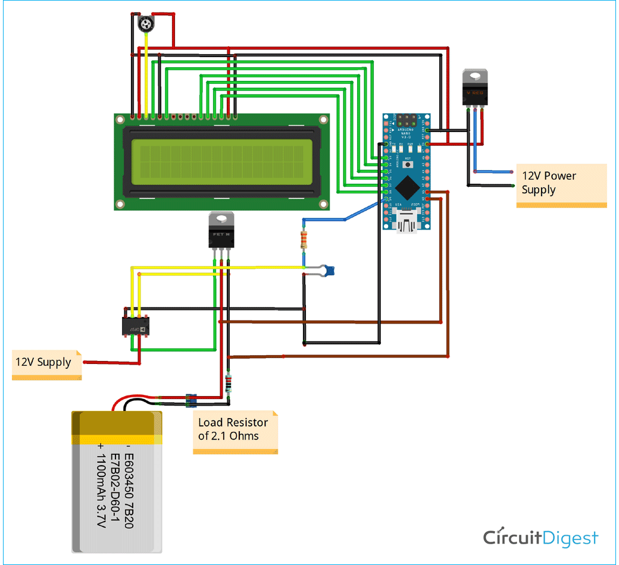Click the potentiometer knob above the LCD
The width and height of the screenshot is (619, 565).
(145, 24)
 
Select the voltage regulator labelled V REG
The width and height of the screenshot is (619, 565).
(476, 87)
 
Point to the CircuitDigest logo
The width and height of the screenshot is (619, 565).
(540, 538)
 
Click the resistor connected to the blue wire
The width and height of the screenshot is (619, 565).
(304, 240)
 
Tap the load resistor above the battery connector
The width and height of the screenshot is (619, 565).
(229, 384)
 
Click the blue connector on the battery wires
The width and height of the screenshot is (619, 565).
(190, 400)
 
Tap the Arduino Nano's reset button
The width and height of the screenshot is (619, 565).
(408, 159)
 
